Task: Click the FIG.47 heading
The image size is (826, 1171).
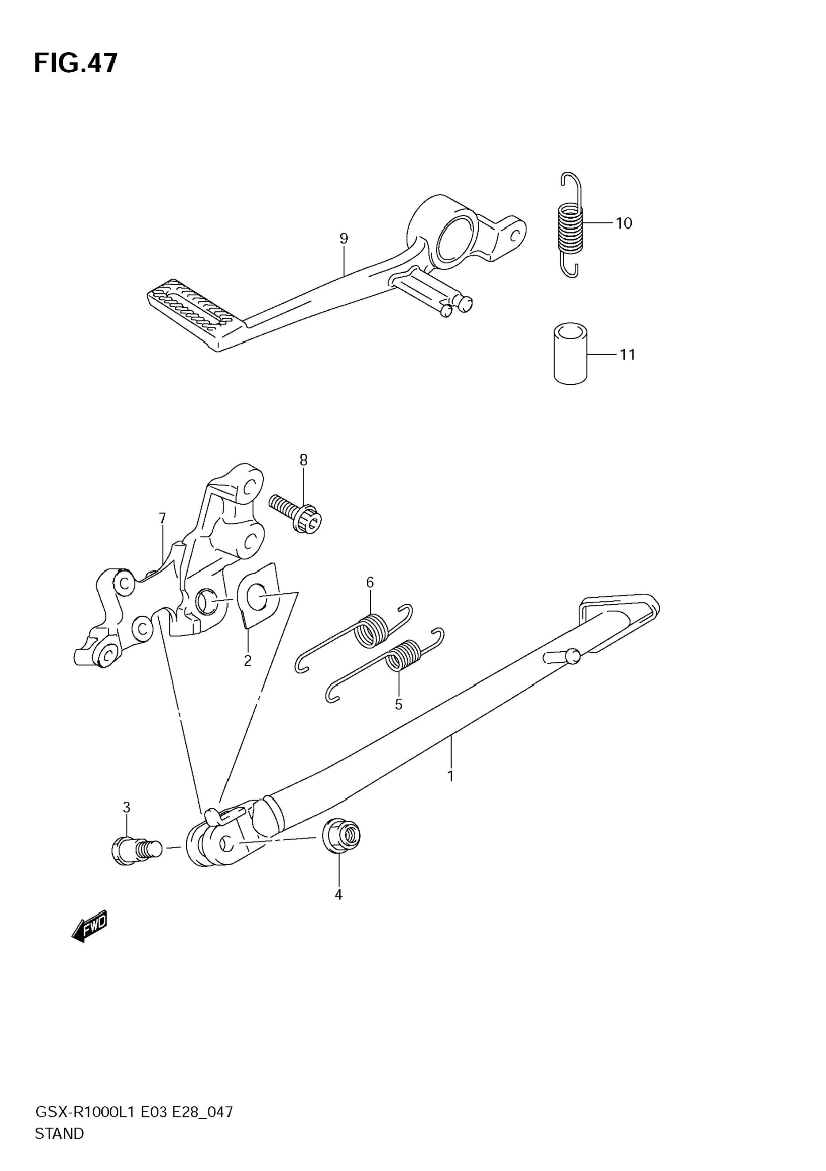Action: tap(75, 63)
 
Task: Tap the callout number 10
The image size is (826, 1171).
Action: tap(624, 224)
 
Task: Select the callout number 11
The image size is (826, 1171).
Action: tap(627, 355)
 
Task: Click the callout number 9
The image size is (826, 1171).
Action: tap(344, 239)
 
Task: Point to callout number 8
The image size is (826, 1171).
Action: tap(303, 460)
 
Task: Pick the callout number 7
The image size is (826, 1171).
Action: tap(162, 518)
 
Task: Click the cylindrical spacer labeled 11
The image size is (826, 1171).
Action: tap(570, 353)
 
